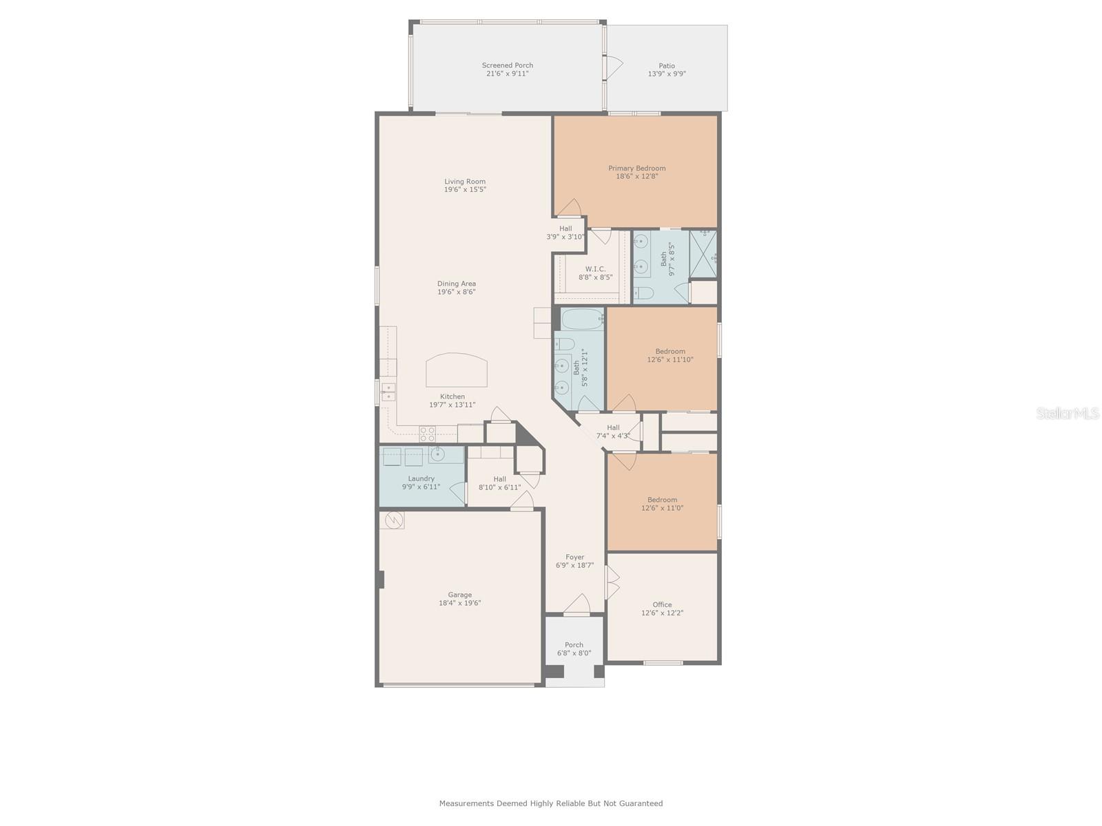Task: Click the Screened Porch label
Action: click(x=507, y=65)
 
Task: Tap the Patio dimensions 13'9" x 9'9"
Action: click(x=666, y=74)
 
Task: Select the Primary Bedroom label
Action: click(x=636, y=168)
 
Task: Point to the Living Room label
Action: click(x=464, y=182)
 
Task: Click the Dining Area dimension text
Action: click(x=456, y=292)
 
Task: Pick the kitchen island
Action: click(x=457, y=370)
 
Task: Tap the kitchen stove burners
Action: click(x=427, y=434)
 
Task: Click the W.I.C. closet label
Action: click(x=595, y=269)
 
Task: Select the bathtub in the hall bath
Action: click(x=583, y=319)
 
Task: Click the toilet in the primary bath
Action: click(x=643, y=293)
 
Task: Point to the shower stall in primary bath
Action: click(x=703, y=254)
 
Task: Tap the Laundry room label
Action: click(x=421, y=478)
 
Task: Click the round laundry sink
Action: click(x=437, y=454)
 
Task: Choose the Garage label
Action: click(x=459, y=595)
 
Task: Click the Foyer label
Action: click(x=574, y=557)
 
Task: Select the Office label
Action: click(x=662, y=605)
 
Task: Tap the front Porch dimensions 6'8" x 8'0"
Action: click(x=574, y=653)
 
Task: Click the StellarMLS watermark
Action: click(x=1068, y=414)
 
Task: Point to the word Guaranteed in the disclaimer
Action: click(x=641, y=803)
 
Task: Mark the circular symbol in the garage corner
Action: click(x=394, y=520)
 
